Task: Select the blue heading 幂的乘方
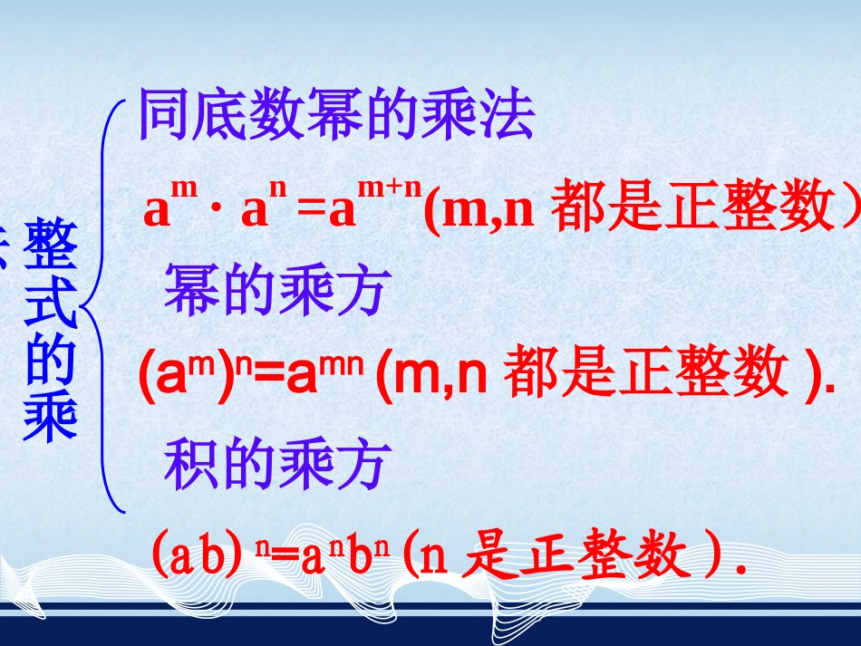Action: (276, 292)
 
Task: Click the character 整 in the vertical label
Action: (51, 246)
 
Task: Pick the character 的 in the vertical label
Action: (51, 361)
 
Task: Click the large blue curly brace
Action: (104, 308)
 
